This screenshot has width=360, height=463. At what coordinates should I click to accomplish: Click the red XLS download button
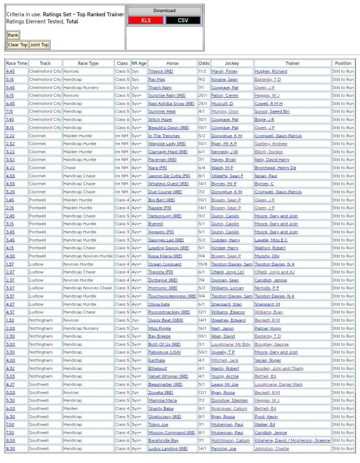(x=146, y=20)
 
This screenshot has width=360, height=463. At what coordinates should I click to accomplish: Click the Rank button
(x=13, y=35)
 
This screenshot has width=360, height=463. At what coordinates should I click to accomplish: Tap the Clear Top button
(x=17, y=45)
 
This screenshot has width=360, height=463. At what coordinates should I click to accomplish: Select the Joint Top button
(x=39, y=45)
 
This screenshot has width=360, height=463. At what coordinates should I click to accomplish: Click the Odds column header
(x=204, y=63)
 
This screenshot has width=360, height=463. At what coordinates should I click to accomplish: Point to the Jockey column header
(x=232, y=63)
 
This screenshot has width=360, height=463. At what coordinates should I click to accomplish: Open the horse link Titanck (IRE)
(x=161, y=71)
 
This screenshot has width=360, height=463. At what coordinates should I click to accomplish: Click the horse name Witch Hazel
(x=160, y=119)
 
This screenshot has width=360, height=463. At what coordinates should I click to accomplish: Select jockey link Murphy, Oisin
(x=225, y=112)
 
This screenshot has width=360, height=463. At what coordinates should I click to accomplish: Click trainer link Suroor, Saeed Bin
(x=272, y=112)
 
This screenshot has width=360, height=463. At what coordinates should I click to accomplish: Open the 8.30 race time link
(x=10, y=449)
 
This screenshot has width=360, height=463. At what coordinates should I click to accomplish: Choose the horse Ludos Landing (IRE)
(x=168, y=449)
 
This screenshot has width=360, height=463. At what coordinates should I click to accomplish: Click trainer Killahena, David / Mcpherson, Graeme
(x=292, y=440)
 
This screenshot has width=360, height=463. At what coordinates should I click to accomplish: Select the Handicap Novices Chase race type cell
(x=88, y=288)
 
